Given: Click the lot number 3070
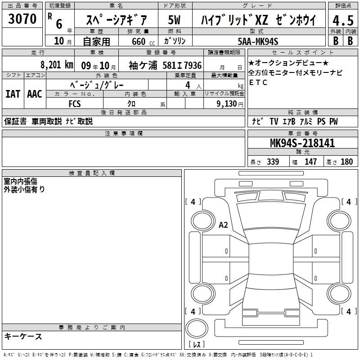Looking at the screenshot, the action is tap(22, 19).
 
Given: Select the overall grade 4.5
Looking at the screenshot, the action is tap(343, 21).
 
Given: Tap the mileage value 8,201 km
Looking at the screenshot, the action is tap(57, 65).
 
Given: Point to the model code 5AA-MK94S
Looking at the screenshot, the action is tap(258, 42).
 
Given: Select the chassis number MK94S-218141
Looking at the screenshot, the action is tap(302, 143).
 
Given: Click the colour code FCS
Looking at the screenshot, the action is tap(75, 104).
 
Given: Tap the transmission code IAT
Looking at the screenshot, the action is tap(13, 94).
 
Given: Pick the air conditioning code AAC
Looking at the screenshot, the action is tap(35, 94).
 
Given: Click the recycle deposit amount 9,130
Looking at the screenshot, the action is tap(227, 104).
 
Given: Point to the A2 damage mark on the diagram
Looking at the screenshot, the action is tap(223, 225).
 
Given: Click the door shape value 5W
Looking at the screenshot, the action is tap(174, 20).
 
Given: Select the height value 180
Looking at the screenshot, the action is tap(346, 162).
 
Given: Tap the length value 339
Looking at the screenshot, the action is tap(273, 162).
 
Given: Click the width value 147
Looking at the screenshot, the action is tap(310, 162).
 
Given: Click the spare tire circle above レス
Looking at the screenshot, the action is tap(197, 328).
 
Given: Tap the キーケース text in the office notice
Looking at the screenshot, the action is tap(23, 336).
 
